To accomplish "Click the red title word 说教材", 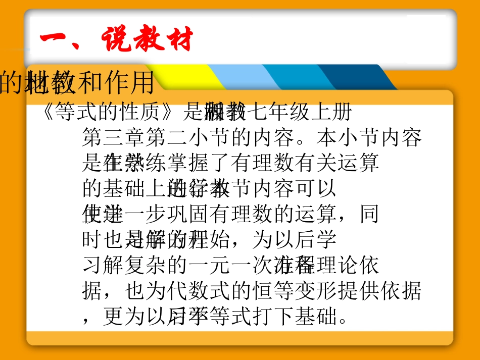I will [148, 40].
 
